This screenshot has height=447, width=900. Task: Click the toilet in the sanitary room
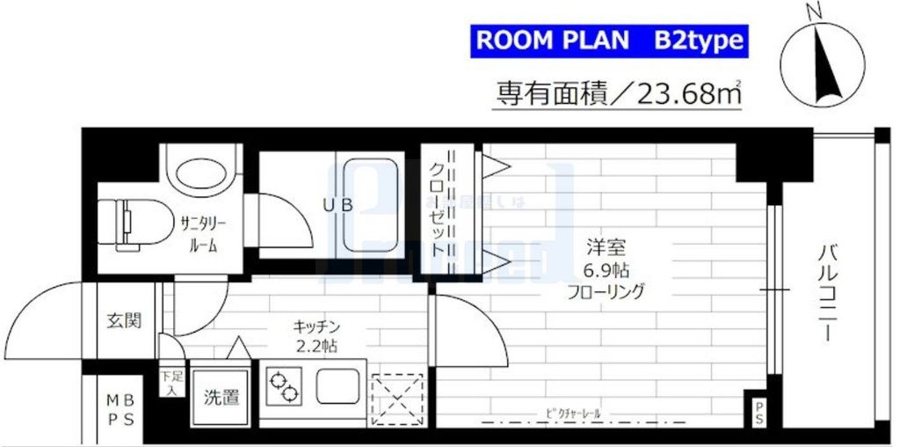coord(123,223)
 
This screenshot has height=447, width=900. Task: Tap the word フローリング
coord(607,291)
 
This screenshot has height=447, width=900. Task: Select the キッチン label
coord(316,326)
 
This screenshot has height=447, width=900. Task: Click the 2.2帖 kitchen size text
coord(316,345)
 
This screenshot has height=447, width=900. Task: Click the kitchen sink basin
coord(339,386)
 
